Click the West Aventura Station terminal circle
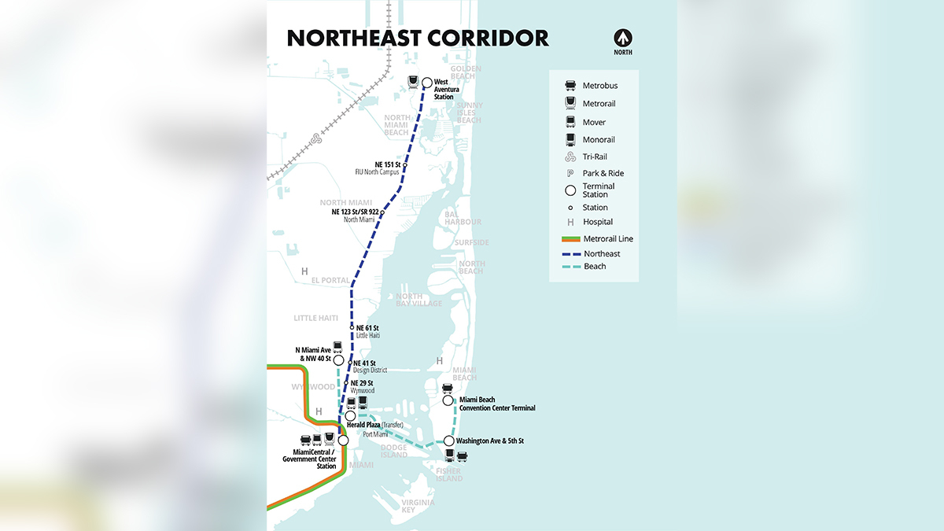pos(427,82)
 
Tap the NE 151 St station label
pos(387,164)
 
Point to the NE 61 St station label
pos(367,327)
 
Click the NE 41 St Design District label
pos(369,367)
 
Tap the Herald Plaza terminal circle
pos(351,416)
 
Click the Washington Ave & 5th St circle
pos(449,441)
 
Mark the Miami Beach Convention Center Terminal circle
pos(448,400)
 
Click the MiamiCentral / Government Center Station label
pos(314,459)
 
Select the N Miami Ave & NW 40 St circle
pos(338,360)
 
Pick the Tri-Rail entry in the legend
pos(594,157)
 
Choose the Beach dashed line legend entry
pos(594,267)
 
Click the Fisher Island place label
pos(450,474)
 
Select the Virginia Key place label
pos(418,506)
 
